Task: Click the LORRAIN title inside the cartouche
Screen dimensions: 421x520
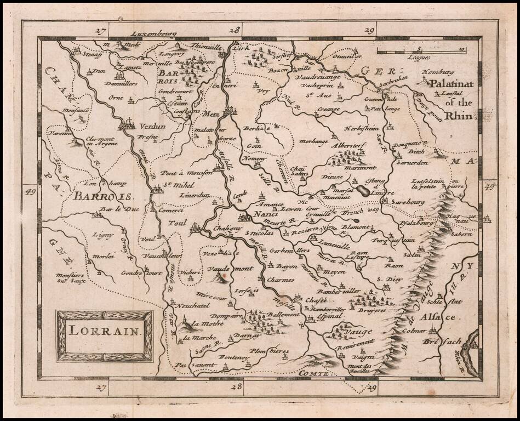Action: point(105,332)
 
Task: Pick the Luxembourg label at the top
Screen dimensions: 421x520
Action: point(148,32)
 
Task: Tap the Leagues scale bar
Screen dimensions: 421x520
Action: point(420,52)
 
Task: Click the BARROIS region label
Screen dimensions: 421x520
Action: point(102,196)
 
